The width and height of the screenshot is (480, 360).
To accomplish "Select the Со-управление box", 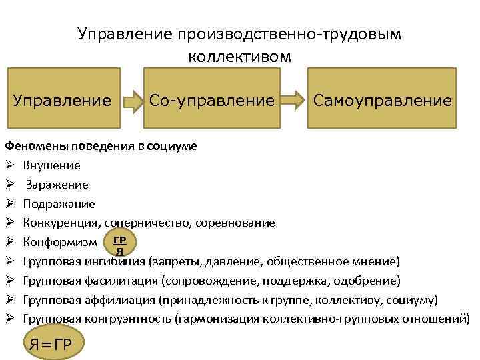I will tap(211, 101).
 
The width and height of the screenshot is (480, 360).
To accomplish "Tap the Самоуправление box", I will tap(382, 101).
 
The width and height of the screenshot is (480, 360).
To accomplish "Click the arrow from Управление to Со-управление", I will tap(133, 101).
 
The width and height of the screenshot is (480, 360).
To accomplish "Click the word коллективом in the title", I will tap(239, 57).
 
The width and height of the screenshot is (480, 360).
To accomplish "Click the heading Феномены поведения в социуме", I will tap(101, 146).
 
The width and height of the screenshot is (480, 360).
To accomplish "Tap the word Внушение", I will tap(51, 165).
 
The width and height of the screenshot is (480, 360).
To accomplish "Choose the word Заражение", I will tap(57, 185).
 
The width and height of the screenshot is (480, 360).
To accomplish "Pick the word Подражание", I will tap(59, 204).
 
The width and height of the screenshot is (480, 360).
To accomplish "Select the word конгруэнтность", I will tap(127, 318).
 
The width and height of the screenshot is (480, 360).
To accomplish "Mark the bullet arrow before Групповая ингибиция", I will tap(9, 261).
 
